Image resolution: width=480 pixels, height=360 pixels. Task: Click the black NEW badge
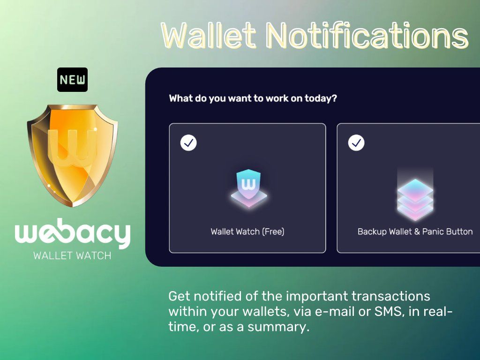coord(73,80)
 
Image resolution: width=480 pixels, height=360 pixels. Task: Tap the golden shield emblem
coord(73,156)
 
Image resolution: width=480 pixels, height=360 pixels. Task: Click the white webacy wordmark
coord(73,233)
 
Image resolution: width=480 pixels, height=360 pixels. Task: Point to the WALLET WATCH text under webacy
coord(72,255)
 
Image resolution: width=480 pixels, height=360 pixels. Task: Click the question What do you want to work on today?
coord(253,98)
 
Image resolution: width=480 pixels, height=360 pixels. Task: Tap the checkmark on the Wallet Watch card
coord(188,142)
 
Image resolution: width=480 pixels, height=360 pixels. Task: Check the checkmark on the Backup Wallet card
coord(356,142)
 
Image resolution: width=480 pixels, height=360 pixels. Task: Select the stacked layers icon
coord(415,199)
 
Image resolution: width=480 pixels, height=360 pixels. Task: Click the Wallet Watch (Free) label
coord(247,232)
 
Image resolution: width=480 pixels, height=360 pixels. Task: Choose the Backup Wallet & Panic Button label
coord(415,232)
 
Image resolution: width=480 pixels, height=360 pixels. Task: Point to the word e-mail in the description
coord(335,312)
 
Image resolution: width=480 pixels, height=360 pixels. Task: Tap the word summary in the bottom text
coord(277,327)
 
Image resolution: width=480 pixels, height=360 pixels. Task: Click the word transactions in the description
coord(390,296)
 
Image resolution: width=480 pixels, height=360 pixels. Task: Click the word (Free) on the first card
coord(273,232)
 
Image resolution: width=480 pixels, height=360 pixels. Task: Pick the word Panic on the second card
coord(433,232)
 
